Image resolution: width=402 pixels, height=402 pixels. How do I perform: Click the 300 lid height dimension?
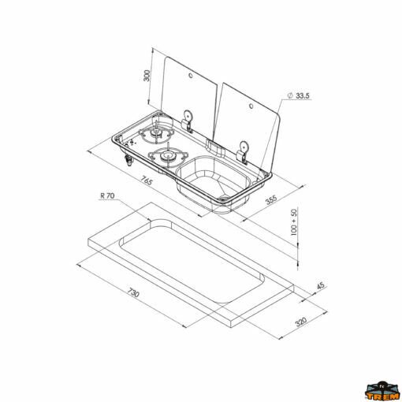pyautogui.click(x=148, y=76)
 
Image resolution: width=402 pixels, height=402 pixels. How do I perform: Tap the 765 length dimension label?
pyautogui.click(x=146, y=181)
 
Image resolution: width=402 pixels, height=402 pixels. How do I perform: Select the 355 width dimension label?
pyautogui.click(x=271, y=199)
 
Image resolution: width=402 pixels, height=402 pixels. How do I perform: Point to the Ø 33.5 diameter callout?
pyautogui.click(x=299, y=95)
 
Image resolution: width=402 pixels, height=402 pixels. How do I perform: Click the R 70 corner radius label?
pyautogui.click(x=107, y=195)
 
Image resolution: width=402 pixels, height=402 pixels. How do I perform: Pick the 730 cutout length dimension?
pyautogui.click(x=133, y=292)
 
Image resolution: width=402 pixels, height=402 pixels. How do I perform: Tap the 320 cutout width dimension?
pyautogui.click(x=301, y=322)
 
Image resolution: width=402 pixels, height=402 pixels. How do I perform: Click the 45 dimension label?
pyautogui.click(x=321, y=285)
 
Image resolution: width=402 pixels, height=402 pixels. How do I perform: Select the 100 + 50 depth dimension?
pyautogui.click(x=294, y=222)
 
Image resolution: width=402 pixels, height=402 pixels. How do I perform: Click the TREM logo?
pyautogui.click(x=382, y=391)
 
